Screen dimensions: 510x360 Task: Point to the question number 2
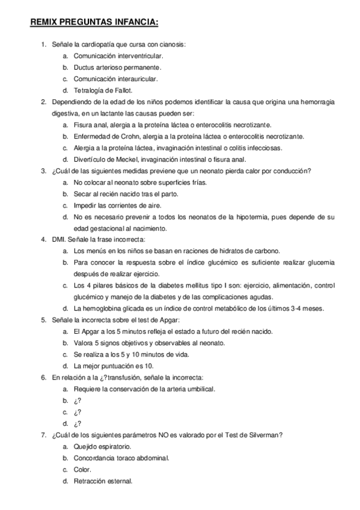click(43, 102)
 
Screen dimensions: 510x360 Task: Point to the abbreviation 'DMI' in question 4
click(58, 239)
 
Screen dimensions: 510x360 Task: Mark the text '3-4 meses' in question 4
click(308, 309)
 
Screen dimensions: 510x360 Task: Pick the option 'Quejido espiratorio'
click(102, 446)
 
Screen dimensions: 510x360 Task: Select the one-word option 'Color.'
click(82, 469)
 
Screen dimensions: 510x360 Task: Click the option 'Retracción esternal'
click(103, 481)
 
